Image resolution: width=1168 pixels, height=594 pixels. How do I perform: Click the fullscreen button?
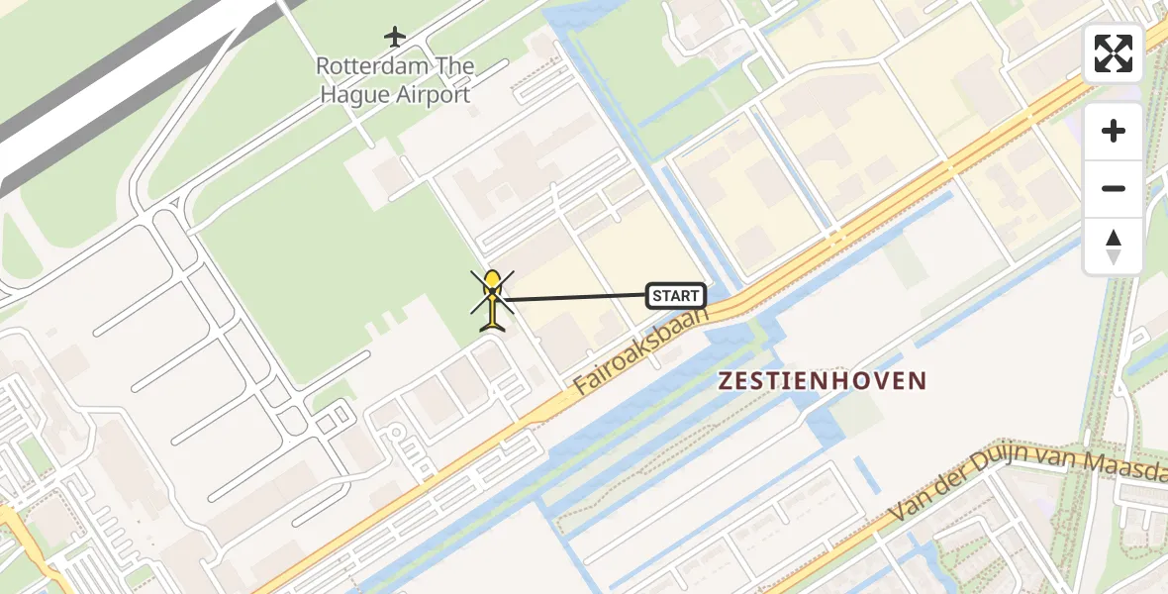pos(1114,53)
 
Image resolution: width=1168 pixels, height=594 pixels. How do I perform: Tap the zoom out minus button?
pos(1114,188)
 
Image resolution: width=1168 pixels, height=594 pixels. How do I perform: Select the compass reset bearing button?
pos(1114,247)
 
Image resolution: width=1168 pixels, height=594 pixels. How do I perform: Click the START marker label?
pos(676,295)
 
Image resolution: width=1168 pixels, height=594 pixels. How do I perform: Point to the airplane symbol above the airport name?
pos(395,38)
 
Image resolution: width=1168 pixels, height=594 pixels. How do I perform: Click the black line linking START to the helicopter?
pos(574,297)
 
